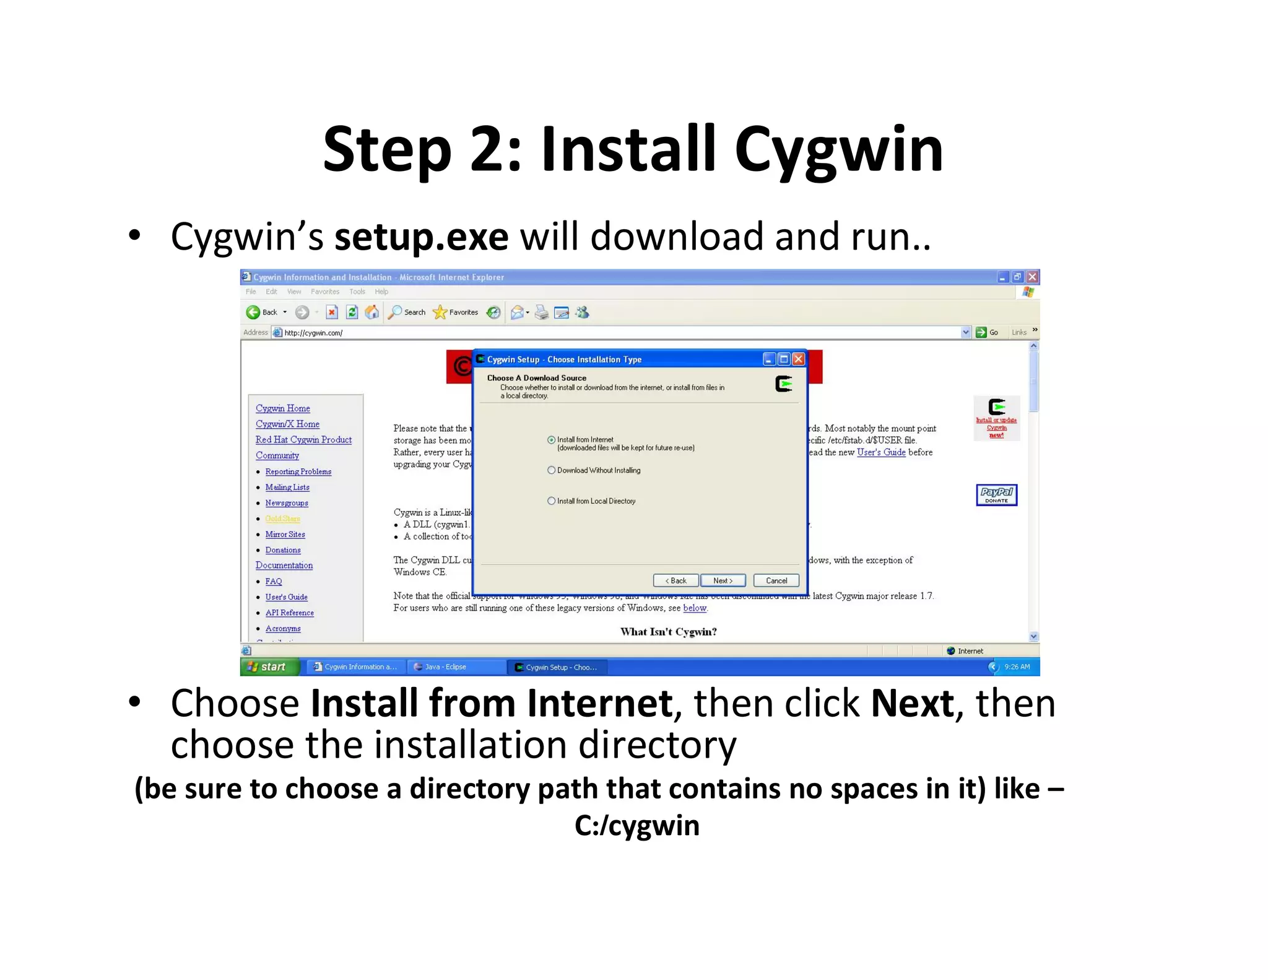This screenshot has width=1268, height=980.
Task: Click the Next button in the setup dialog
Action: click(723, 580)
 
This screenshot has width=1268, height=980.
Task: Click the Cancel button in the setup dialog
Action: click(776, 580)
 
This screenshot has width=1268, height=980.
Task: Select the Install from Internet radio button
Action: click(551, 440)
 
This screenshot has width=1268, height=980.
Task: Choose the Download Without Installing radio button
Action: click(551, 470)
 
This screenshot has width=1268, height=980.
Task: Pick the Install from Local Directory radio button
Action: click(551, 501)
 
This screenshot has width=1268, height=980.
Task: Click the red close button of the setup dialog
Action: click(799, 359)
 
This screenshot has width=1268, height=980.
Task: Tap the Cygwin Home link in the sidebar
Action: click(283, 408)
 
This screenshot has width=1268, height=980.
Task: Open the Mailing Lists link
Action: click(287, 488)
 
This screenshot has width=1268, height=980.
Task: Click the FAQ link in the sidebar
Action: click(274, 581)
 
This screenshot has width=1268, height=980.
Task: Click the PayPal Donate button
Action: click(996, 494)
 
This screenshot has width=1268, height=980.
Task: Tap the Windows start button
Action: click(268, 667)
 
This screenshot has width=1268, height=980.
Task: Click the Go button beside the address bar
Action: click(987, 333)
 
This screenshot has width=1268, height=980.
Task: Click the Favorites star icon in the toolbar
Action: click(440, 312)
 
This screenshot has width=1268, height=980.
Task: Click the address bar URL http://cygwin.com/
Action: click(313, 333)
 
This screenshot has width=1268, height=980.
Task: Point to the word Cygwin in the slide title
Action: click(838, 151)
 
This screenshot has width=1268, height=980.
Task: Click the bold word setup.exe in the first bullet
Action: click(421, 237)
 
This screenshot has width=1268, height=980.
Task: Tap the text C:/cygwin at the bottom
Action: click(636, 826)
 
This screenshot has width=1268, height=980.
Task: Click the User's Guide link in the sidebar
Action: click(287, 597)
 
